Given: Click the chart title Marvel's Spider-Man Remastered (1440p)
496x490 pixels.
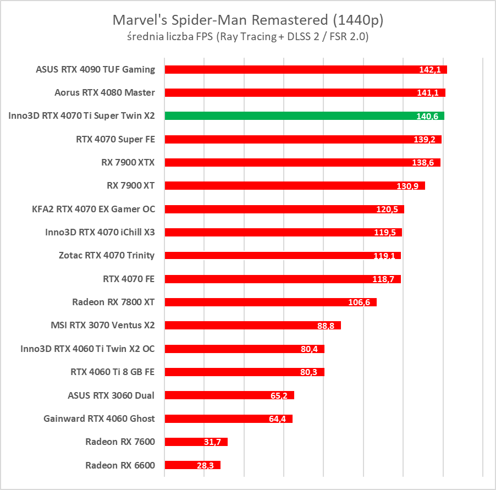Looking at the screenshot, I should point(248,20).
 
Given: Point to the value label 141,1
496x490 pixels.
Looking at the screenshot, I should point(427,93).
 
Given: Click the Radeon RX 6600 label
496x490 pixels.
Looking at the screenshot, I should point(120,465).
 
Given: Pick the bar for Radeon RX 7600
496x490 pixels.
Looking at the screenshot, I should point(196,442).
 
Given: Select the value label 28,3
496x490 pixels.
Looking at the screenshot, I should point(206,465).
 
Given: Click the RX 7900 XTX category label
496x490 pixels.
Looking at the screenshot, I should point(131,163).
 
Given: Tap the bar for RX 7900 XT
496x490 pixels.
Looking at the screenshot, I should point(294,186).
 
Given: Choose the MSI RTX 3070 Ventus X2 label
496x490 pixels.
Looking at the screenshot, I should point(102,326).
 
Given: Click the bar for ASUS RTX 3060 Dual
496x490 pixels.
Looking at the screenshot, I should point(229,395).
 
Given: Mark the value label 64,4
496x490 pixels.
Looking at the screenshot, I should point(278,419).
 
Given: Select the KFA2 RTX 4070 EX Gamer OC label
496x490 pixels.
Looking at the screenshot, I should point(93,209).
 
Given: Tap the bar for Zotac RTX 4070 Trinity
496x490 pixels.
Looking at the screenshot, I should point(283,256).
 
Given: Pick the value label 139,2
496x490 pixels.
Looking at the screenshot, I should point(424,140).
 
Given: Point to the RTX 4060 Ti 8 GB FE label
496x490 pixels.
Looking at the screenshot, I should point(112,372).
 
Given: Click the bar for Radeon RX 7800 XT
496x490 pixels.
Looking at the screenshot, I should point(270,302).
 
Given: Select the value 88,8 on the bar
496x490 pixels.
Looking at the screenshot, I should point(326,326).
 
